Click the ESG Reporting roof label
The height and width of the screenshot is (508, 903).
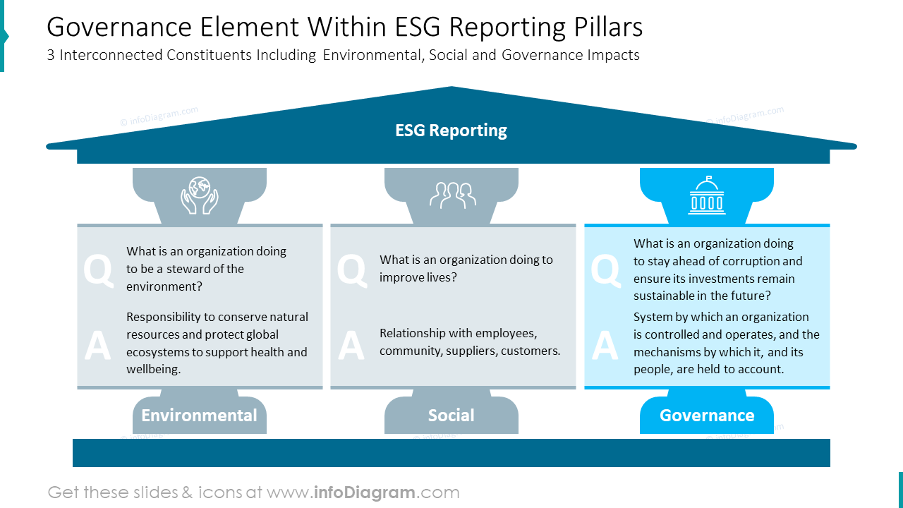pos(451,131)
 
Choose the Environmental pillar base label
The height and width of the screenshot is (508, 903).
pos(199,416)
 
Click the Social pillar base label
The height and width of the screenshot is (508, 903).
pos(451,416)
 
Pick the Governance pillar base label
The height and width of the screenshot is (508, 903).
pos(706,416)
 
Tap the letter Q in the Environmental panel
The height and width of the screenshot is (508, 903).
pos(98,271)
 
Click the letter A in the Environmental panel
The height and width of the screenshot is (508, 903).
pos(97,346)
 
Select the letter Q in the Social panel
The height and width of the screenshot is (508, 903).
pos(351,271)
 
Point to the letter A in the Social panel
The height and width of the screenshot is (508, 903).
pos(351,346)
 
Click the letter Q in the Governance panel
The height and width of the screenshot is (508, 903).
pos(605,271)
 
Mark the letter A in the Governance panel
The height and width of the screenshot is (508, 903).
pos(605,346)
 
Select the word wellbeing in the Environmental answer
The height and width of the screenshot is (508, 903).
pos(154,369)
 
